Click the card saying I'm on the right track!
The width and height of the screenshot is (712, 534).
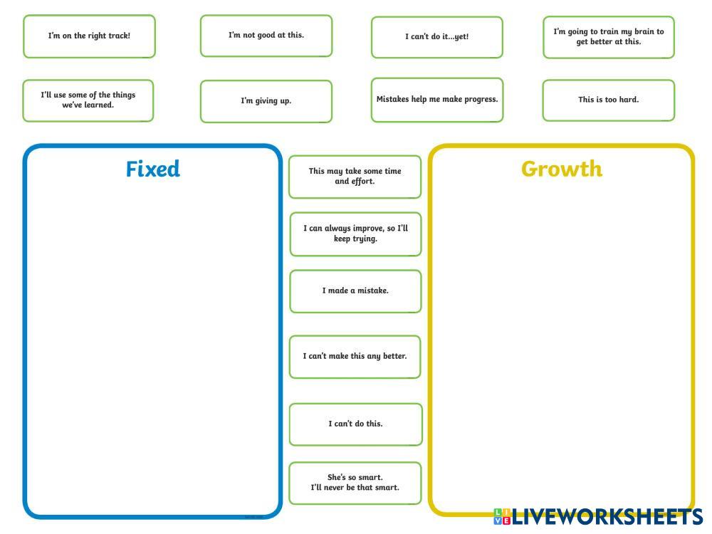click(x=89, y=36)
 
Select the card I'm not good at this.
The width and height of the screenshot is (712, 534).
click(x=266, y=36)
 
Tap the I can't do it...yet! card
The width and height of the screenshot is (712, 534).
click(x=436, y=37)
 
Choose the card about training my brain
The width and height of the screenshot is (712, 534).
click(x=608, y=37)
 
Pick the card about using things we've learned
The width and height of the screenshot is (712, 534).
click(x=88, y=100)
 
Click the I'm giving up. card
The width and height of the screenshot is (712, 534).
click(x=266, y=101)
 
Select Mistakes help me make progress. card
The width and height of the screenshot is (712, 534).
click(x=436, y=100)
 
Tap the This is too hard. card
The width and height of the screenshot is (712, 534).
click(x=608, y=100)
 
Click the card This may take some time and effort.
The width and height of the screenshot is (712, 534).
click(x=355, y=177)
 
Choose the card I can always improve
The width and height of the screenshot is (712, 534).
click(x=355, y=234)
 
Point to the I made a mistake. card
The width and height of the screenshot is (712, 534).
click(x=355, y=291)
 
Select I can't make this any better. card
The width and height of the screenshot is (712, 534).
click(x=355, y=356)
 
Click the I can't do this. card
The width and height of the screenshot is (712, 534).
click(x=355, y=424)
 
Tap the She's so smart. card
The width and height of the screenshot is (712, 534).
click(x=355, y=483)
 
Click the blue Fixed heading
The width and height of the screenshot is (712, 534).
click(x=152, y=169)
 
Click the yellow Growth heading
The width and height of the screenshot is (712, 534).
click(x=561, y=169)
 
